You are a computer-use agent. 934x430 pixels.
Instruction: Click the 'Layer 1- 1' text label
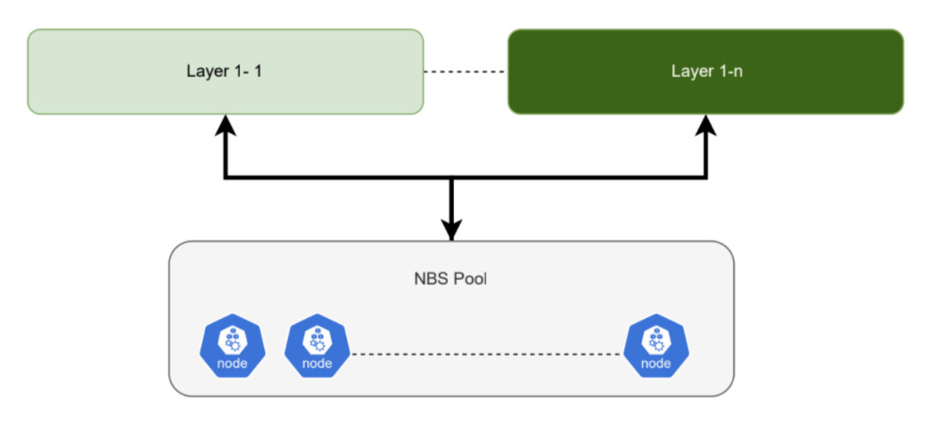[225, 72]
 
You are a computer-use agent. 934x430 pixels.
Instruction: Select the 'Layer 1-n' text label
[707, 72]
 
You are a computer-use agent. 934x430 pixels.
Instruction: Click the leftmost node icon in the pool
[232, 345]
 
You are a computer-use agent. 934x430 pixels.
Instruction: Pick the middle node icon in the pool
[317, 345]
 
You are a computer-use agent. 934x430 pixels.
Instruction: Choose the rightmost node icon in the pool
[656, 345]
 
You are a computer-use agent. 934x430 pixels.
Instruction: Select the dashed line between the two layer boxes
[465, 72]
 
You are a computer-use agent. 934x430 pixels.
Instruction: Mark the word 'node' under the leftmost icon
[232, 363]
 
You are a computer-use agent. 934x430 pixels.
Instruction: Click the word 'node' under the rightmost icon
[656, 363]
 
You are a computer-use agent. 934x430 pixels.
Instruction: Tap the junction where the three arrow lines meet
[451, 177]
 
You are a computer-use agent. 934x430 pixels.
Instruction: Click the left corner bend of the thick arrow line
[225, 177]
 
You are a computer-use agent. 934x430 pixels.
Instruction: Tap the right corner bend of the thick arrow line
[707, 177]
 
